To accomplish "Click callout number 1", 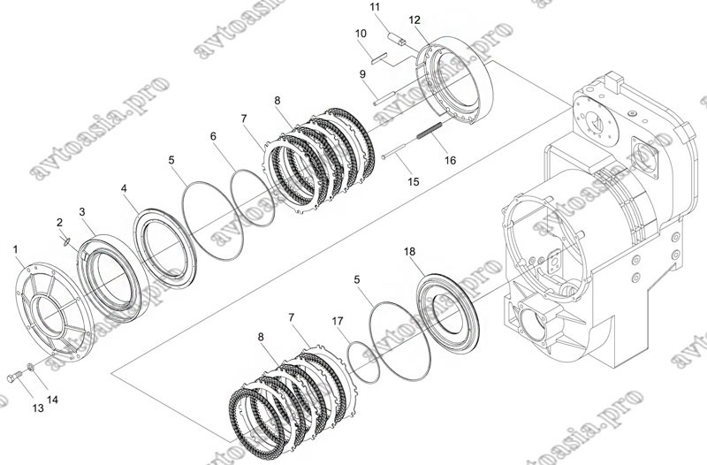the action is (x=16, y=249).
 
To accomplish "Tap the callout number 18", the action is (x=409, y=252).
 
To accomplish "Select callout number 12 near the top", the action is (x=414, y=19).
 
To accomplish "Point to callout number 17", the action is (x=338, y=321).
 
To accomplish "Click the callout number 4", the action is (x=124, y=188).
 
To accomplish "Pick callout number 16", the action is (x=450, y=160).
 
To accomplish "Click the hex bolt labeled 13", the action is (x=13, y=376).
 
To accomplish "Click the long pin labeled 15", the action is (x=396, y=150).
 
